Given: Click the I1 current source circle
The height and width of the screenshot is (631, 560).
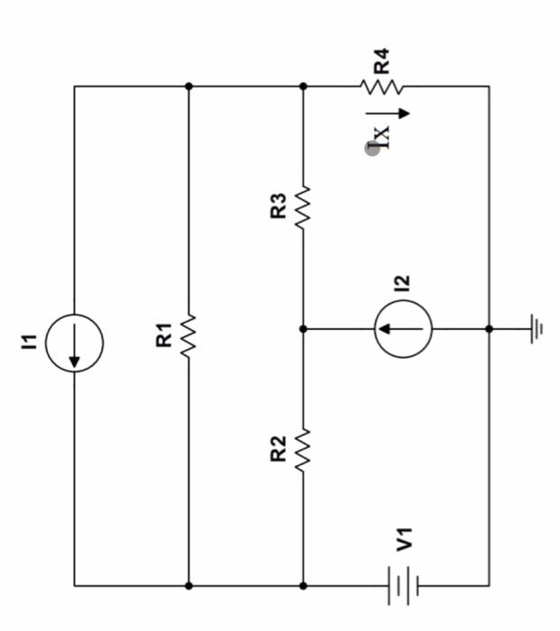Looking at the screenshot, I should click(x=75, y=343).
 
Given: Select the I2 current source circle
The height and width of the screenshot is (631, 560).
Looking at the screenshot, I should click(x=403, y=330).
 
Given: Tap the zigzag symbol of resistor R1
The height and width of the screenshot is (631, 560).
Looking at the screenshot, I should click(x=188, y=337).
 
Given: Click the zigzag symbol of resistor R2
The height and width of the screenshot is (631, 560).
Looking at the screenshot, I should click(x=303, y=448).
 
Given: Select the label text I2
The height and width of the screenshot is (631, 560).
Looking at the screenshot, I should click(x=402, y=282).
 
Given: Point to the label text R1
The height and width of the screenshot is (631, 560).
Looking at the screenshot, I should click(x=163, y=336).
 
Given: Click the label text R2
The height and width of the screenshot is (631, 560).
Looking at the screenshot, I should click(x=279, y=448).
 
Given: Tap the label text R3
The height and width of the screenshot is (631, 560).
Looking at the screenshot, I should click(x=279, y=206).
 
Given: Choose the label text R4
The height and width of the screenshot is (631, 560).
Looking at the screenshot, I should click(x=382, y=61).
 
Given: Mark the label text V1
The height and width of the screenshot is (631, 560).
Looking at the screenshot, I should click(x=405, y=541).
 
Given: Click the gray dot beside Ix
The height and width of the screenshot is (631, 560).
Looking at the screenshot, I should click(x=372, y=148).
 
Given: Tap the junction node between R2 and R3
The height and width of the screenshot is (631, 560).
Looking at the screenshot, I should click(x=303, y=330).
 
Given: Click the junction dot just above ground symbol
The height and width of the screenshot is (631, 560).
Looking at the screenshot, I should click(x=489, y=330).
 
